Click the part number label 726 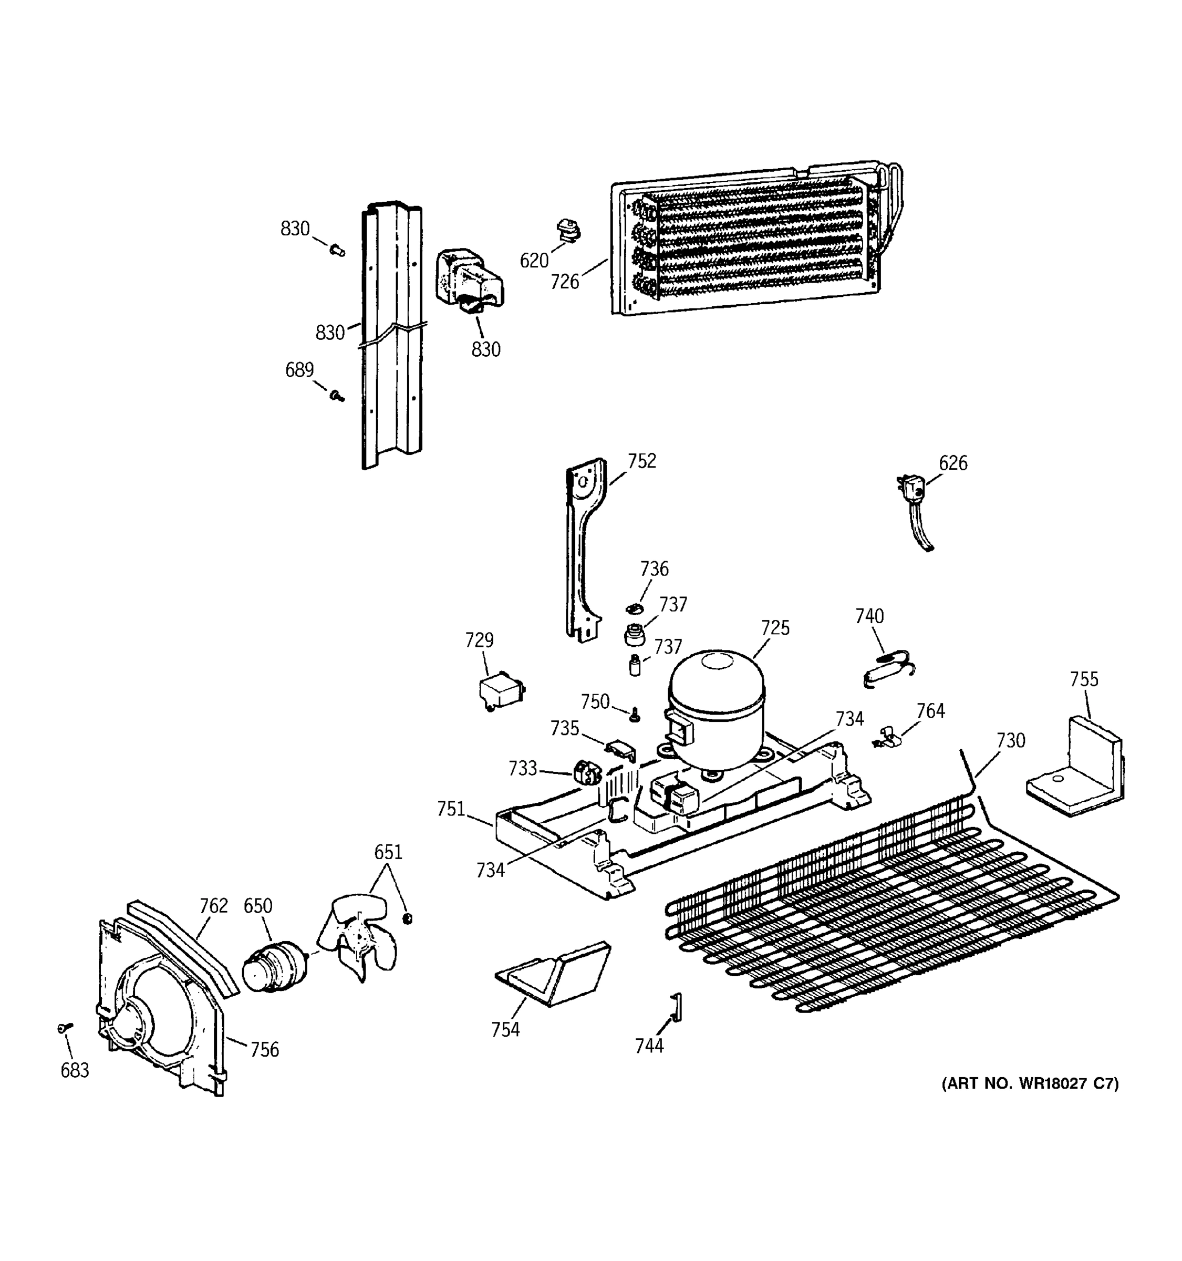[564, 282]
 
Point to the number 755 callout [1084, 679]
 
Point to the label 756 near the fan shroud [264, 1050]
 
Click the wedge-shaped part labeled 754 [552, 974]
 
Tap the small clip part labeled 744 [676, 1007]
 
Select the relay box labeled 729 [501, 691]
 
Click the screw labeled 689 [337, 397]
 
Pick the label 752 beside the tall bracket [642, 461]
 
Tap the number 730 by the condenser [1010, 741]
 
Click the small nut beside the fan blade [408, 918]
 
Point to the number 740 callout [869, 616]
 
